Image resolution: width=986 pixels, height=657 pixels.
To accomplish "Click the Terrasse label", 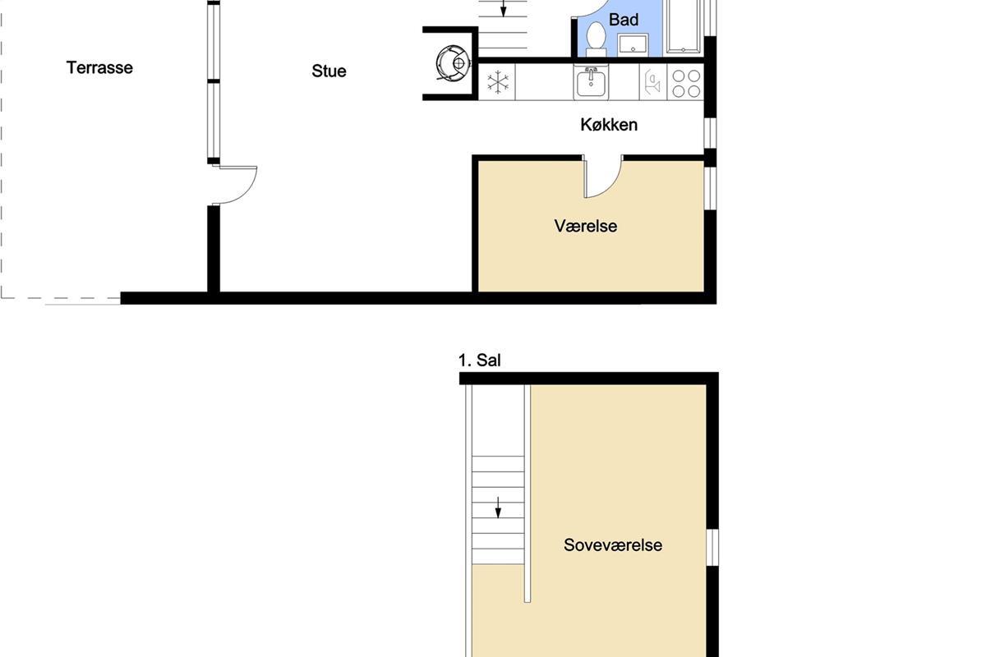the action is [x=99, y=68].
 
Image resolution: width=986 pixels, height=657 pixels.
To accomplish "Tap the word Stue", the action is [x=329, y=71].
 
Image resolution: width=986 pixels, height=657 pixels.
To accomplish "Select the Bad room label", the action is [x=624, y=20].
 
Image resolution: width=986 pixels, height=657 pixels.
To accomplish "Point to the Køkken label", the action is [x=609, y=125].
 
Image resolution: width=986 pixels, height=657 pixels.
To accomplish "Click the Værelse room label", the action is [x=585, y=226].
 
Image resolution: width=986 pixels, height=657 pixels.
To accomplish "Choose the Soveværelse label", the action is [x=613, y=545].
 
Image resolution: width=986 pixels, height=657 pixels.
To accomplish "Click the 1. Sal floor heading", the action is [x=479, y=361].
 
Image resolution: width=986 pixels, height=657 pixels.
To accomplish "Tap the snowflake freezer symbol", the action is [x=498, y=82].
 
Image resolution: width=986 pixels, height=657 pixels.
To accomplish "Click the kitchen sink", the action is [x=591, y=82].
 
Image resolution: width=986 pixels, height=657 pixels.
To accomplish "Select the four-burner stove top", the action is [x=686, y=83].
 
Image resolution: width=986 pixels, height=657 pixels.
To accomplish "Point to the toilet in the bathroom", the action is [x=596, y=39].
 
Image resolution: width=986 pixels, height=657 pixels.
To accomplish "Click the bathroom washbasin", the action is [x=633, y=44].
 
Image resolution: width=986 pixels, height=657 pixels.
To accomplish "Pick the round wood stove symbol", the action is [x=454, y=63].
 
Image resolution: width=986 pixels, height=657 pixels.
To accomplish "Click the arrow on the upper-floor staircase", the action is [x=498, y=508].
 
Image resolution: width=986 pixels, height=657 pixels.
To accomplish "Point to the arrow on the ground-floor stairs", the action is [x=504, y=8].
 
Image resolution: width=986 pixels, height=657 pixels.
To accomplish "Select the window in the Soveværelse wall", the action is [x=712, y=548].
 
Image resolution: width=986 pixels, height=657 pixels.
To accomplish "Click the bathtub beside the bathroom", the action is [x=684, y=26].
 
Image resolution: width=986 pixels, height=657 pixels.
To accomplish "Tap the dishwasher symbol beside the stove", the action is [x=653, y=82].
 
